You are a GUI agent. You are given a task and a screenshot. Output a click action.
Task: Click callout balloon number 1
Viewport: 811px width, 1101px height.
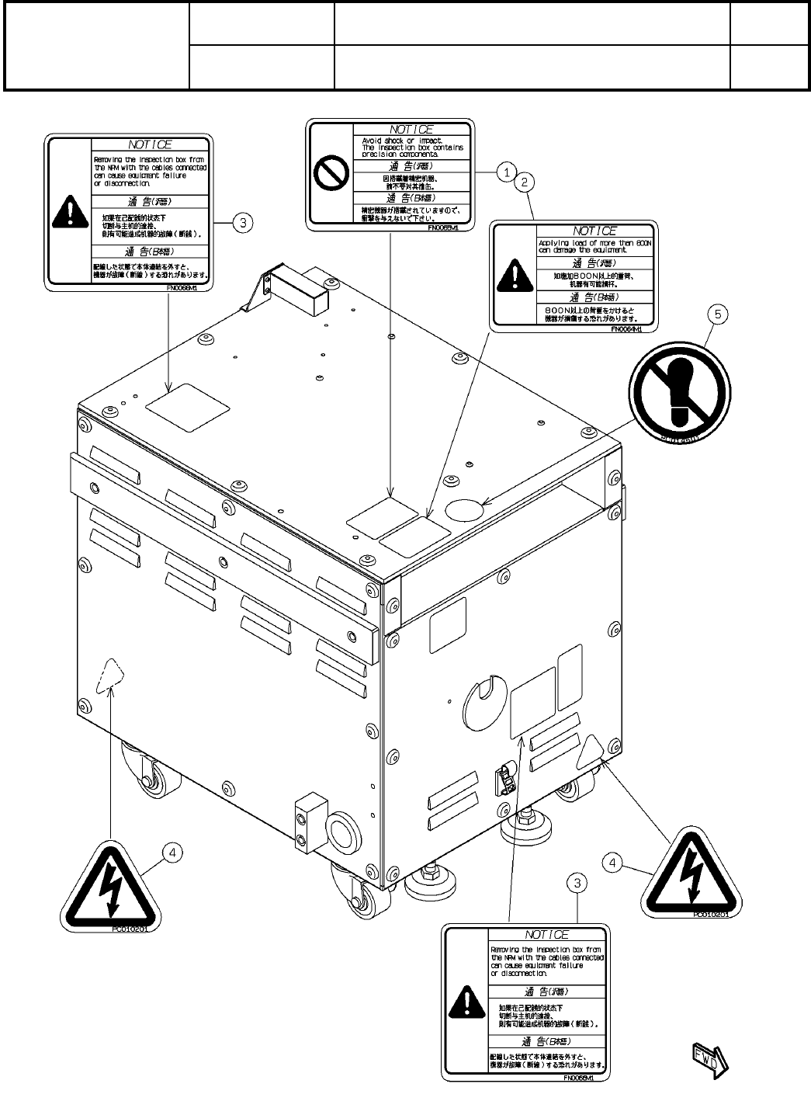505,172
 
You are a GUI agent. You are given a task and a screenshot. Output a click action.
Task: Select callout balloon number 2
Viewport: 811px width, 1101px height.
525,182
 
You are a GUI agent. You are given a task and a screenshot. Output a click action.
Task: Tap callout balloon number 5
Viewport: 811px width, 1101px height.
719,315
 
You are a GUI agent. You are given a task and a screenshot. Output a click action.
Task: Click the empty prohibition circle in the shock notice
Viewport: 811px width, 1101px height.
329,176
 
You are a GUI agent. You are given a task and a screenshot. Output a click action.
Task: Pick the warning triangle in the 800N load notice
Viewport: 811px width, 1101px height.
511,273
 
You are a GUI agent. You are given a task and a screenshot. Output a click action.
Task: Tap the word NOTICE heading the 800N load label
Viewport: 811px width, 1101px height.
594,231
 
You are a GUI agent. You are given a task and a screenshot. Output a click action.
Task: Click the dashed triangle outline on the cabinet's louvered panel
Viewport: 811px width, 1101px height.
108,673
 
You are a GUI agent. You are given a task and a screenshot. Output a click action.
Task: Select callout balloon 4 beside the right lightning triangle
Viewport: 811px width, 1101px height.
614,862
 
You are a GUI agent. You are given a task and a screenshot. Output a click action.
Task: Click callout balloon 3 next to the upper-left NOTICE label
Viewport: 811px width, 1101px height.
243,223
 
